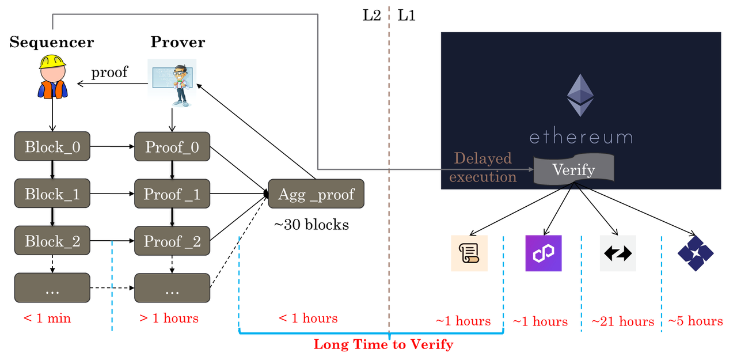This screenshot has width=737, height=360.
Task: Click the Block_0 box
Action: click(x=52, y=147)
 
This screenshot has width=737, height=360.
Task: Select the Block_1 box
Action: click(x=52, y=194)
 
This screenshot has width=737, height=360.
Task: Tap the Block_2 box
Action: click(x=52, y=241)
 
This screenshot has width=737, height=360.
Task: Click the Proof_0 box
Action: click(x=172, y=147)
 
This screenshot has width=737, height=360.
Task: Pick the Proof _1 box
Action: click(x=172, y=194)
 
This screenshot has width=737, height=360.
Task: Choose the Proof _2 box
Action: click(x=172, y=241)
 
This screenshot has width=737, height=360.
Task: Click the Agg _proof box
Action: click(x=316, y=194)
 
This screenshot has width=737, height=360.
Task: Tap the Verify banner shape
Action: click(x=573, y=169)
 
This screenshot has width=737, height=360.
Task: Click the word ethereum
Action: click(x=580, y=137)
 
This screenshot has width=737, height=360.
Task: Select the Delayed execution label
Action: click(x=483, y=167)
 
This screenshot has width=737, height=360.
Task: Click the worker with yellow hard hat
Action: click(x=52, y=77)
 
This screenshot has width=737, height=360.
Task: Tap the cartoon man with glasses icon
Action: click(x=172, y=84)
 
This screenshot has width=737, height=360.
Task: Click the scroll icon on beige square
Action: click(x=469, y=253)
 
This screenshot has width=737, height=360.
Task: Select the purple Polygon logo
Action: click(x=543, y=253)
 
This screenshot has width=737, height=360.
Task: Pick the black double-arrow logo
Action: click(x=618, y=253)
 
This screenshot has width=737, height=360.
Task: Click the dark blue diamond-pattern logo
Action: click(x=696, y=253)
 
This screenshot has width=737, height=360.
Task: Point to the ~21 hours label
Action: click(x=622, y=321)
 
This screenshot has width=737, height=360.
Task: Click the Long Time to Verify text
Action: click(x=383, y=344)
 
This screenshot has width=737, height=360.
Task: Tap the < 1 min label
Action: click(x=47, y=318)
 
